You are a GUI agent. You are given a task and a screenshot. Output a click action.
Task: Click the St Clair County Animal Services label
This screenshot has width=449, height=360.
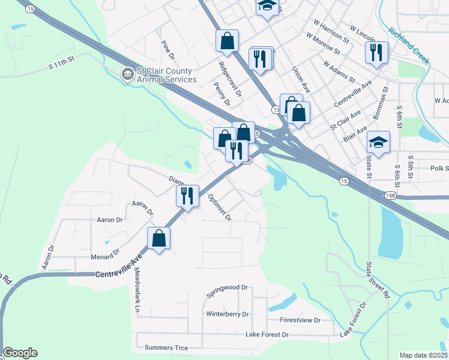[166, 75]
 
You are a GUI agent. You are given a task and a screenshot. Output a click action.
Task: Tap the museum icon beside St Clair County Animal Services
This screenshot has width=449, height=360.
[127, 74]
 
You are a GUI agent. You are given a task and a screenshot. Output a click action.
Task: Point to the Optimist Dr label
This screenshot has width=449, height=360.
[219, 207]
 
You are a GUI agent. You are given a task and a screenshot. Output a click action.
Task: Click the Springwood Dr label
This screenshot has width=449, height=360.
[227, 292]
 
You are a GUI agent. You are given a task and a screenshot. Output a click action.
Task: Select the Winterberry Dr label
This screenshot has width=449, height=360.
[227, 314]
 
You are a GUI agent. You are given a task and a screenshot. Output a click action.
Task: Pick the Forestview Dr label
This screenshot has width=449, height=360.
[300, 320]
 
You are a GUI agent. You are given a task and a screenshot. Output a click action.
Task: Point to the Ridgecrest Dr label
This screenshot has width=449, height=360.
[230, 79]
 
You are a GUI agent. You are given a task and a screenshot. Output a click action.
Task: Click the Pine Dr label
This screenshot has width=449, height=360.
[167, 50]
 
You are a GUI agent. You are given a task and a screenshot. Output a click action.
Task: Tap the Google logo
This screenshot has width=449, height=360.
[20, 353]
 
